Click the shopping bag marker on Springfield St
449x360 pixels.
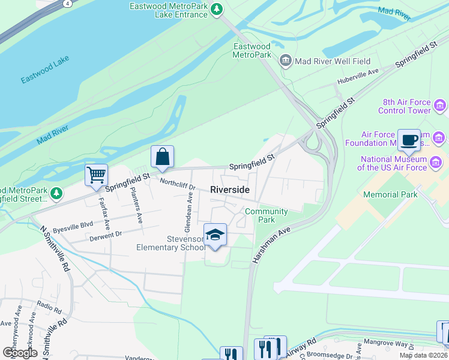click(x=162, y=157)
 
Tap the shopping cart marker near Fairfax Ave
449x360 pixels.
click(x=96, y=175)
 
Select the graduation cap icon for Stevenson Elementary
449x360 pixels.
click(x=215, y=235)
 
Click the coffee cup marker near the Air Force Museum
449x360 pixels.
click(x=409, y=140)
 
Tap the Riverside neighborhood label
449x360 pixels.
click(x=230, y=190)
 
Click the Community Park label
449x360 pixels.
click(x=267, y=215)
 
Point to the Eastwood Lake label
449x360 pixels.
click(x=45, y=70)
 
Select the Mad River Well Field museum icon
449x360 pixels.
click(x=285, y=61)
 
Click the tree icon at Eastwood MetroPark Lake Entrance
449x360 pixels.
click(x=218, y=10)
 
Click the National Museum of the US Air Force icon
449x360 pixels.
click(x=436, y=162)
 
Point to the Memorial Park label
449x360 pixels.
click(x=390, y=194)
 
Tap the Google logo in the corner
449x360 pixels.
click(x=20, y=353)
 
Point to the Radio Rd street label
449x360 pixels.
click(x=49, y=308)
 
